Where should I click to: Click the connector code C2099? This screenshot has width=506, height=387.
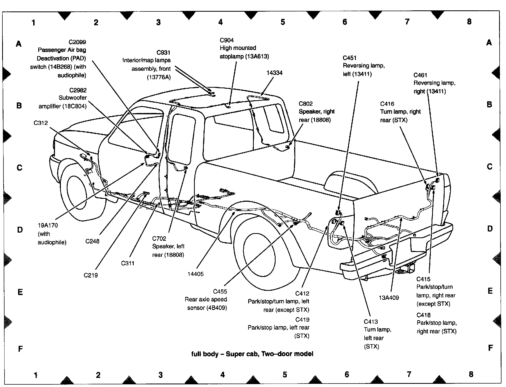coord(77,42)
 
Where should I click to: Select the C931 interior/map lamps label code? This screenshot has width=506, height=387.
coord(163,53)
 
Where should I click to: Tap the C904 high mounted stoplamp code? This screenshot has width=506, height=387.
coord(227,40)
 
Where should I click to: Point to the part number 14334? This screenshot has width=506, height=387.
coord(275,73)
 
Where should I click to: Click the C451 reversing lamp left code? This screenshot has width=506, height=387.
coord(349,58)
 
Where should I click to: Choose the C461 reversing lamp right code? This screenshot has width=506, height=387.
coord(420,75)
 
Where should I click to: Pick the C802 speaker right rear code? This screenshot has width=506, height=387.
coord(306,104)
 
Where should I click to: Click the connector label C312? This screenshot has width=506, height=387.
coord(41,123)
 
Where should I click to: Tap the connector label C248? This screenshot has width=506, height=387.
coord(92,241)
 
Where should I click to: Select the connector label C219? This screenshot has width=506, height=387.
coord(91,275)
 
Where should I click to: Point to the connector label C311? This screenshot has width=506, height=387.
coord(128,263)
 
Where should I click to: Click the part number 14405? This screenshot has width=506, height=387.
coord(195,274)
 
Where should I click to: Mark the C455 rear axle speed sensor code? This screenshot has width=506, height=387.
coord(220,292)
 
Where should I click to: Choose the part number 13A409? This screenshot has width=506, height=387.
coord(389,298)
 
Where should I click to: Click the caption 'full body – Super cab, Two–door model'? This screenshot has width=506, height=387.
coord(252,354)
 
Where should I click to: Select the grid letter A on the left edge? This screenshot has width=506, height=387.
coord(19,44)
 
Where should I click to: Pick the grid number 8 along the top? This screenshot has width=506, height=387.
coord(469,22)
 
